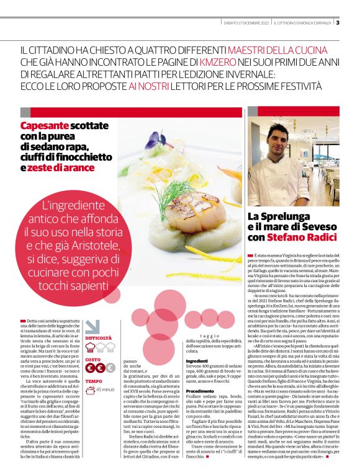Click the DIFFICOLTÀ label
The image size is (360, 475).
[x=99, y=339]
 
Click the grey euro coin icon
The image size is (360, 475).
[x=110, y=368]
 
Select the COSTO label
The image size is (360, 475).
[x=92, y=359]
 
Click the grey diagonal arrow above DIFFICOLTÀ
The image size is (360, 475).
[x=91, y=326]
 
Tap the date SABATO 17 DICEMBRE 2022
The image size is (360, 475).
[x=248, y=23]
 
